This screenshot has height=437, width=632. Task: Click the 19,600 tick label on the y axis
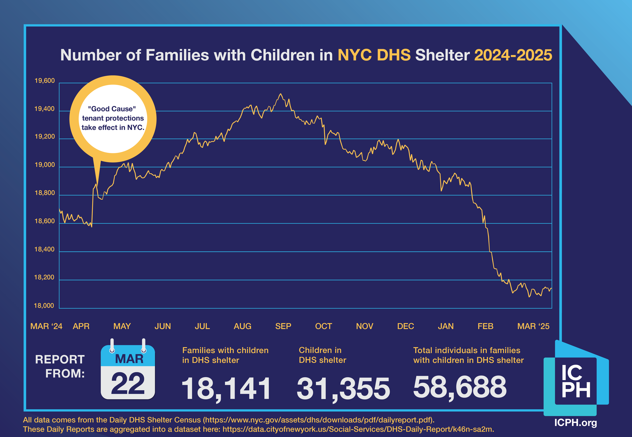coord(44,81)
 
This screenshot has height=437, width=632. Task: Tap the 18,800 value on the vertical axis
coord(44,193)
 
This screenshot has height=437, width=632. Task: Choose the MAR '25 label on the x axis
coord(533,326)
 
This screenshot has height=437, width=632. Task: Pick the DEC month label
coord(405,326)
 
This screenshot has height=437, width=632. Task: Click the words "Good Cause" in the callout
coord(112,109)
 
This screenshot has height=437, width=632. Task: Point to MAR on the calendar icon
coord(129,359)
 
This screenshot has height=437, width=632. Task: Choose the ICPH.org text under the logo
coord(575,423)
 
